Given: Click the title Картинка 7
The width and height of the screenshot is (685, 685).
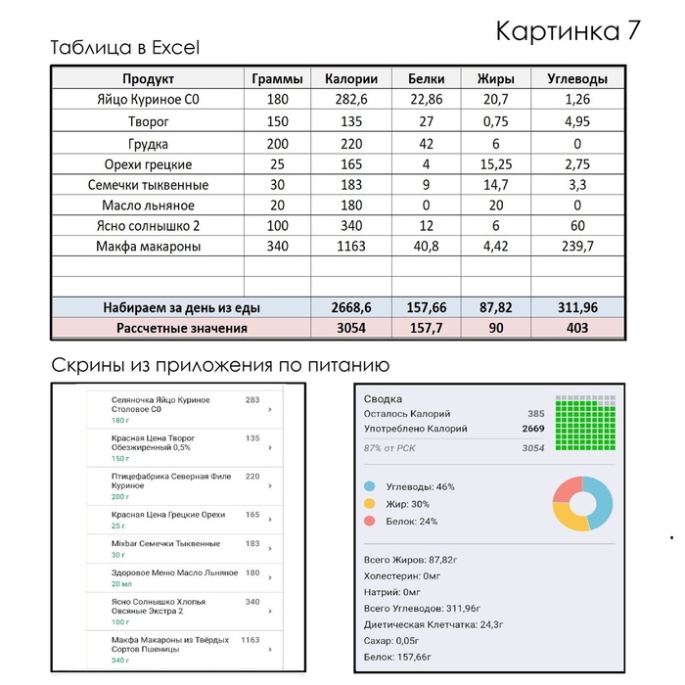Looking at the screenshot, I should click(x=568, y=30).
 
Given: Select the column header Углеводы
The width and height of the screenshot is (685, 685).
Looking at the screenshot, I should click(x=577, y=79).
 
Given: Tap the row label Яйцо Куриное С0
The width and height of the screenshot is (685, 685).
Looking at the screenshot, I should click(x=149, y=100).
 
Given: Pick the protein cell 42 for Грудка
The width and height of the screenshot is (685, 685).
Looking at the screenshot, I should click(x=426, y=143).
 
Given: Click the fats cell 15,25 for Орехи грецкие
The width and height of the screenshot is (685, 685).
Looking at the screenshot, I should click(x=495, y=164).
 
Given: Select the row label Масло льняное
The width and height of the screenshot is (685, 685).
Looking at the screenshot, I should click(x=149, y=205).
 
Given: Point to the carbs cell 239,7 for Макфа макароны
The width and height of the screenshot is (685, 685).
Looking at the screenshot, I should click(x=577, y=247).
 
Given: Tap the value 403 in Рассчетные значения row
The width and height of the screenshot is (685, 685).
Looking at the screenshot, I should click(x=577, y=328).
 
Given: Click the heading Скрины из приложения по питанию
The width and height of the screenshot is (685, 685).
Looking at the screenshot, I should click(x=220, y=365).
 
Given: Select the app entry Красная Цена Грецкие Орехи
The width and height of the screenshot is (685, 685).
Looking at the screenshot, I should click(x=168, y=515).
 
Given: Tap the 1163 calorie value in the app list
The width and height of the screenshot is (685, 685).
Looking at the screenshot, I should click(x=251, y=640).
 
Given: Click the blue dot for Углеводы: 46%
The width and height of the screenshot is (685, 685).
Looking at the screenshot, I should click(x=369, y=486).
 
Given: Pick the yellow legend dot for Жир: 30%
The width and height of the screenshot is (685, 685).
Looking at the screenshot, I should click(x=369, y=504).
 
